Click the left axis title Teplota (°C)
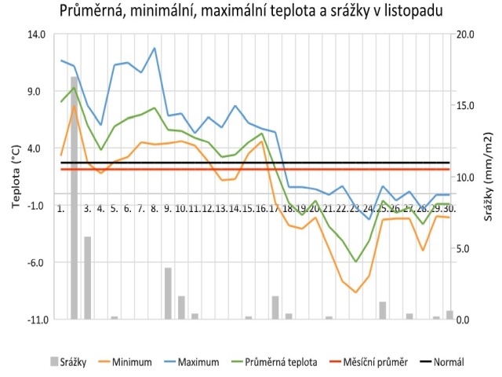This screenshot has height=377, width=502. pyautogui.click(x=15, y=177)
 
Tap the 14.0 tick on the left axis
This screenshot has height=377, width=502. pyautogui.click(x=37, y=35)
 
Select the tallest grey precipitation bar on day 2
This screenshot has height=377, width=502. pyautogui.click(x=74, y=196)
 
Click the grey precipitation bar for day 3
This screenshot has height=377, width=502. pyautogui.click(x=87, y=277)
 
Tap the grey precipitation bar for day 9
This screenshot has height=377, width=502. pyautogui.click(x=168, y=293)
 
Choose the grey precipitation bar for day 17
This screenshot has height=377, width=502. pyautogui.click(x=275, y=307)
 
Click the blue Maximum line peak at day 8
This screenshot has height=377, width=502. pyautogui.click(x=155, y=48)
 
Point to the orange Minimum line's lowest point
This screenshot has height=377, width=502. pyautogui.click(x=355, y=292)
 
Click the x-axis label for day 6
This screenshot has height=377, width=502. pyautogui.click(x=127, y=209)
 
